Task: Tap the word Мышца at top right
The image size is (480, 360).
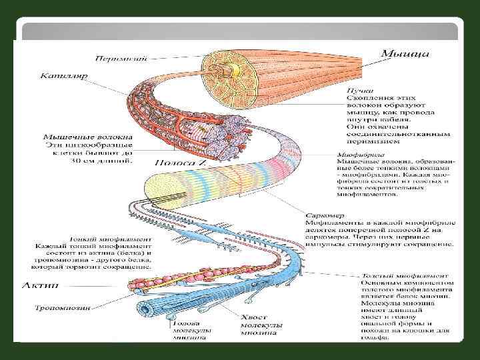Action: [x=404, y=52]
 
